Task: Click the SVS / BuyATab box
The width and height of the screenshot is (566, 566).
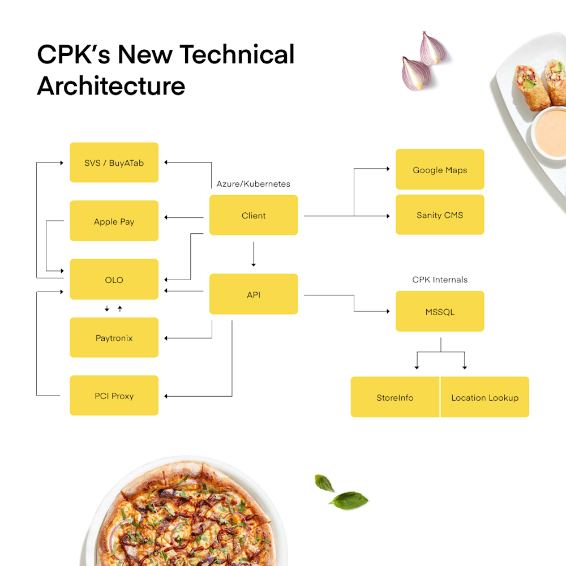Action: click(x=114, y=163)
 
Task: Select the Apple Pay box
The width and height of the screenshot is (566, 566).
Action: click(x=114, y=221)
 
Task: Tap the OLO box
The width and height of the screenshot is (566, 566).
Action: click(x=114, y=280)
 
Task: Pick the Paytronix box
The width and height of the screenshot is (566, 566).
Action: click(x=114, y=338)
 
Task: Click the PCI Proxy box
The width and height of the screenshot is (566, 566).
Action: click(x=114, y=396)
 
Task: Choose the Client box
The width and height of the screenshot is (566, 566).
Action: click(x=254, y=215)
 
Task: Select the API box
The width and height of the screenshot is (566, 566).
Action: click(x=254, y=294)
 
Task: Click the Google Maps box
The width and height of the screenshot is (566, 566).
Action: click(x=440, y=169)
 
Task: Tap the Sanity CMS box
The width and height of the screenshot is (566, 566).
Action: click(x=440, y=215)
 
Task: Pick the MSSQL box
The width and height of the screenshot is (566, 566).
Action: click(x=440, y=311)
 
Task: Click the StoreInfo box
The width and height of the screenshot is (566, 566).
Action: click(x=395, y=397)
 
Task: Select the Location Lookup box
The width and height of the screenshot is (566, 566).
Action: click(x=484, y=397)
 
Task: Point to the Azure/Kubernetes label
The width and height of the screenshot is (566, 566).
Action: click(x=253, y=184)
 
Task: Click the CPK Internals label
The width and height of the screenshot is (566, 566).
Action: click(x=440, y=280)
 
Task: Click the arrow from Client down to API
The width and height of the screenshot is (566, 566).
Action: click(x=254, y=254)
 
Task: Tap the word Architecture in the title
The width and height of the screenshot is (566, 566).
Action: click(x=111, y=86)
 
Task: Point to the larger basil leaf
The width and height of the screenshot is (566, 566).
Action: click(x=349, y=500)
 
